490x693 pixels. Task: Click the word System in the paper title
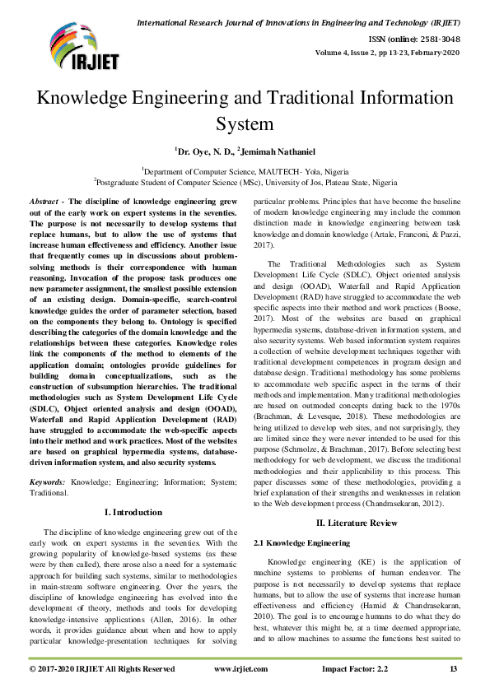click(x=244, y=124)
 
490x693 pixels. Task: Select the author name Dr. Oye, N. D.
click(x=203, y=151)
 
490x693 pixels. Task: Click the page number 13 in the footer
click(x=453, y=669)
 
